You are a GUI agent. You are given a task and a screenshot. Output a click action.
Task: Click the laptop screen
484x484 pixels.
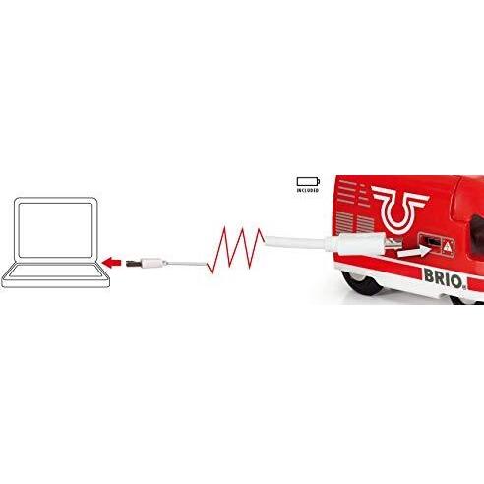point(56,230)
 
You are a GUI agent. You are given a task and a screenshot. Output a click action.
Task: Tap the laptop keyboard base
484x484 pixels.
point(56,275)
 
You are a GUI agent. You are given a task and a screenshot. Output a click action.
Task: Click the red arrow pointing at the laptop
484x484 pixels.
point(112,263)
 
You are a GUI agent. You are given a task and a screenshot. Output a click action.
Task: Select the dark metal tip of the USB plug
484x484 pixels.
point(133,263)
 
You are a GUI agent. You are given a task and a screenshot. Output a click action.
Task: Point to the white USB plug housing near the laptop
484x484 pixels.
point(152,263)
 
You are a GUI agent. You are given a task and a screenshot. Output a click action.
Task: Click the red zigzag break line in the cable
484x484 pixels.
point(235,250)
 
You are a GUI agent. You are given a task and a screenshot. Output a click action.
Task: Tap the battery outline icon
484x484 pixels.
point(308,182)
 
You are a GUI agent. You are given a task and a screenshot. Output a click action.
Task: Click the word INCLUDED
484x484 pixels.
point(308,190)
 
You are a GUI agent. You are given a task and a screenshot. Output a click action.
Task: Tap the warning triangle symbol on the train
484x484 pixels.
point(447,246)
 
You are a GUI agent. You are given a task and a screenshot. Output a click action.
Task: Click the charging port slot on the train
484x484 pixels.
point(430,241)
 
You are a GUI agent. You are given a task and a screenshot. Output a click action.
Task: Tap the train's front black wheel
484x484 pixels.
point(362,283)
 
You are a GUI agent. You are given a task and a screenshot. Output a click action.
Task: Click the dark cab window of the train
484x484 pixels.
point(476,234)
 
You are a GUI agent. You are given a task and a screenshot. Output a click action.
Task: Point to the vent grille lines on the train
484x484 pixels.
point(355,222)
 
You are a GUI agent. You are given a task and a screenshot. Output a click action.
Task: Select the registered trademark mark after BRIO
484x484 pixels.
point(464,287)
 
